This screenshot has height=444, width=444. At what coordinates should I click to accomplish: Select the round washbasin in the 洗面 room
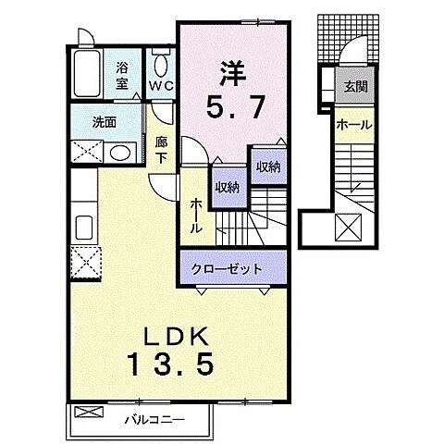click(120, 154)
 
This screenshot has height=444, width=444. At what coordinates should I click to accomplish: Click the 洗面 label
click(105, 120)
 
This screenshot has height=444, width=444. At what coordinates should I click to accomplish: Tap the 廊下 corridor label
click(161, 149)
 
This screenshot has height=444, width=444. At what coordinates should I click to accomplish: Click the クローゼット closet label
click(226, 268)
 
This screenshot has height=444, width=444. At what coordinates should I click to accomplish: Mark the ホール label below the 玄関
click(354, 124)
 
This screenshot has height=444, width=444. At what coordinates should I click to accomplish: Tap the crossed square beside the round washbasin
click(87, 153)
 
